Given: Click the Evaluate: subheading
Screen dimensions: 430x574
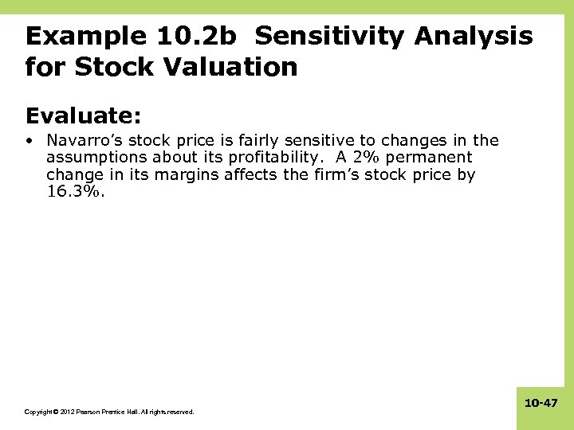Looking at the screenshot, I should tap(83, 116).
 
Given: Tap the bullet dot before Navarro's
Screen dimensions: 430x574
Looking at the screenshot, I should tap(29, 141).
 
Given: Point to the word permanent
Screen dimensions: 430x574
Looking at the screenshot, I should tap(437, 158).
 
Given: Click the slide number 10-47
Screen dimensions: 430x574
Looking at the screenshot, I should tap(541, 404).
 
